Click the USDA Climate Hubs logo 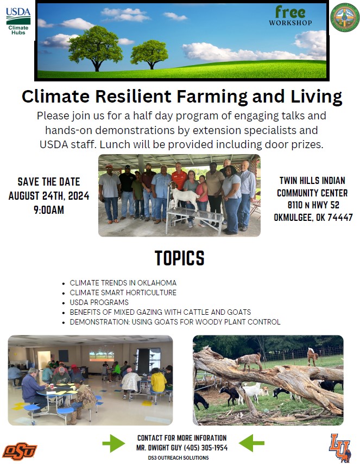click(18, 21)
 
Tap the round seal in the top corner click(345, 17)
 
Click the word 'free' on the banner click(290, 12)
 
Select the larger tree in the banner click(96, 48)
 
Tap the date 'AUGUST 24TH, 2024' click(49, 196)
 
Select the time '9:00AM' click(49, 210)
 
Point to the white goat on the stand click(184, 195)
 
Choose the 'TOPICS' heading click(180, 258)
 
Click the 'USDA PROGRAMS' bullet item click(99, 302)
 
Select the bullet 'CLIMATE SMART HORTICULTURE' click(123, 293)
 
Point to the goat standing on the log click(249, 361)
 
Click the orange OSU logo click(20, 452)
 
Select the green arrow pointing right click(113, 443)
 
